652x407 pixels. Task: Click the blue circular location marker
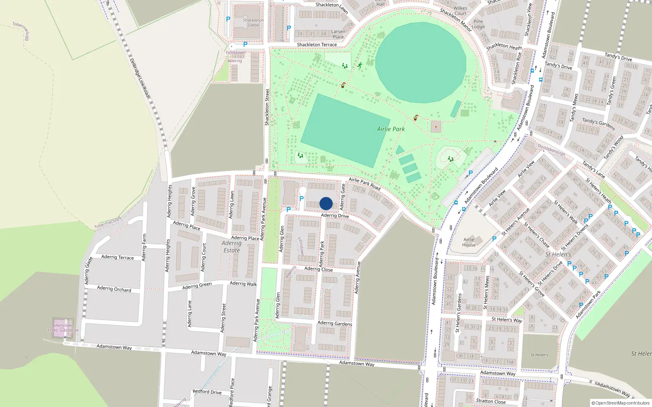click(x=326, y=203)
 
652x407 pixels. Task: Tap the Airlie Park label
click(x=391, y=129)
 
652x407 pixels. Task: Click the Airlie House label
click(x=469, y=242)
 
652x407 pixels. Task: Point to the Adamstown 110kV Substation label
click(x=63, y=328)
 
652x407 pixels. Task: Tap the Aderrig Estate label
click(x=231, y=247)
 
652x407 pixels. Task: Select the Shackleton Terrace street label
click(x=317, y=45)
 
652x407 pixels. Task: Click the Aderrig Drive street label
click(x=335, y=215)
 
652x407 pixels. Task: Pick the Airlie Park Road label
click(x=364, y=184)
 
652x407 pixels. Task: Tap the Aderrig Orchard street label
click(x=114, y=289)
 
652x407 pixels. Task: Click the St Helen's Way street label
click(x=507, y=320)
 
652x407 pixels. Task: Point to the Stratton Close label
click(x=491, y=401)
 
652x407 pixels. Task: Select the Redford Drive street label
click(x=207, y=392)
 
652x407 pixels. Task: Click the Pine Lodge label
click(x=478, y=24)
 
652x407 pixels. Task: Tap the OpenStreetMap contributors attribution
click(x=621, y=403)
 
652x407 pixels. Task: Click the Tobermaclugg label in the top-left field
click(x=21, y=31)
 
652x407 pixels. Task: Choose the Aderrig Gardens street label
click(x=335, y=323)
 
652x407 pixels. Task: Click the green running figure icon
click(x=359, y=65)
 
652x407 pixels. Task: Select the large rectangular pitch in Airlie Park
click(x=345, y=130)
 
